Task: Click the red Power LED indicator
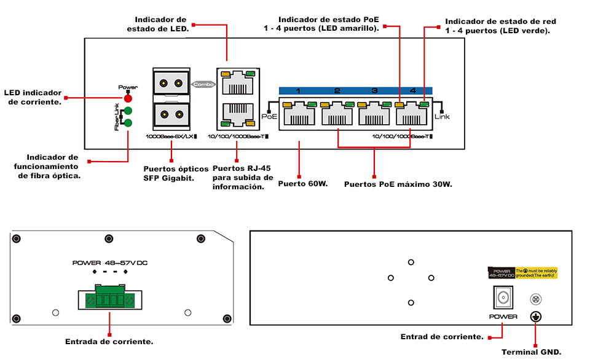[128, 98]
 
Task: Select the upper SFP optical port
[170, 83]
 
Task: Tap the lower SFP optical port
[170, 114]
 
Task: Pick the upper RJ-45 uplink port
[237, 82]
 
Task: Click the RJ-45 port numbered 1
[298, 114]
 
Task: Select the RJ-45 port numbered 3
[374, 114]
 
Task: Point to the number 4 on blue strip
[412, 91]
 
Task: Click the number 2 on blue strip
[337, 91]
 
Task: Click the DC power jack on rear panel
[503, 299]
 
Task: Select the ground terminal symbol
[535, 317]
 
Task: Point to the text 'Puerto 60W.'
[303, 183]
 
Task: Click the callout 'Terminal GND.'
[531, 352]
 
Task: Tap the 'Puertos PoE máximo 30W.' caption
[398, 183]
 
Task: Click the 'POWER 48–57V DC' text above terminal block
[110, 263]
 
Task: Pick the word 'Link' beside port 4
[442, 116]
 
